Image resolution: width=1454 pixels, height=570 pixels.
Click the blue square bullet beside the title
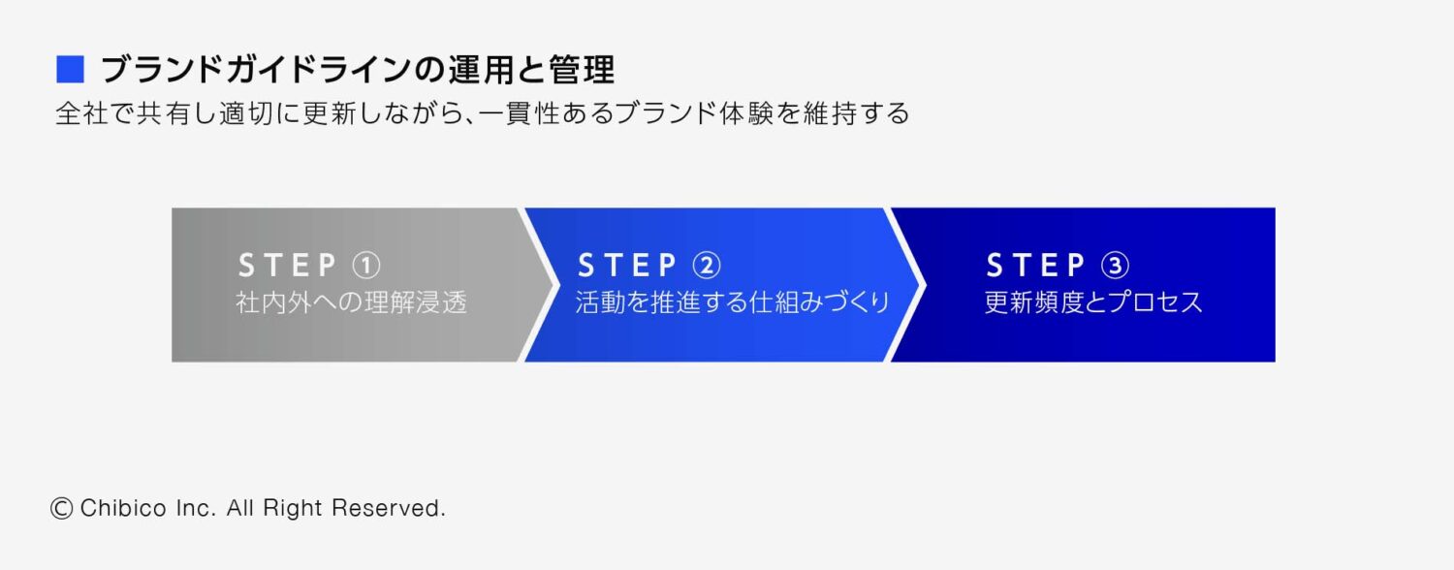click(x=71, y=70)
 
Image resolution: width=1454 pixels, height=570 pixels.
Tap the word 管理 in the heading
click(x=586, y=71)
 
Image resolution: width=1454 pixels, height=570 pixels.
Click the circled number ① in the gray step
click(x=365, y=265)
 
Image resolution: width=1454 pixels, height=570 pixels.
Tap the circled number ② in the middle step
click(x=707, y=265)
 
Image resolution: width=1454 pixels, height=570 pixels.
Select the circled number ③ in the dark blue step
click(x=1115, y=265)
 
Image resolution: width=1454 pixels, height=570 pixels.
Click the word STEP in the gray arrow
click(x=288, y=265)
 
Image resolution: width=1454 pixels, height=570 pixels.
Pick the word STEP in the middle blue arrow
click(x=627, y=265)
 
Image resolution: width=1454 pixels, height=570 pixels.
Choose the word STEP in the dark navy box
click(x=1036, y=265)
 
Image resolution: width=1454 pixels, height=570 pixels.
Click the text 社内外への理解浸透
click(x=352, y=302)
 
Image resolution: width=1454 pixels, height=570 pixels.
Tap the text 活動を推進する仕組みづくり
click(x=733, y=302)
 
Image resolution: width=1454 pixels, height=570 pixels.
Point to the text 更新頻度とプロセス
click(x=1093, y=302)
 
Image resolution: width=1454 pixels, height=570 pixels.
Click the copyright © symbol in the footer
click(x=62, y=508)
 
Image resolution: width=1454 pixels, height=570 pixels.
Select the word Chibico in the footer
click(x=121, y=508)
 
